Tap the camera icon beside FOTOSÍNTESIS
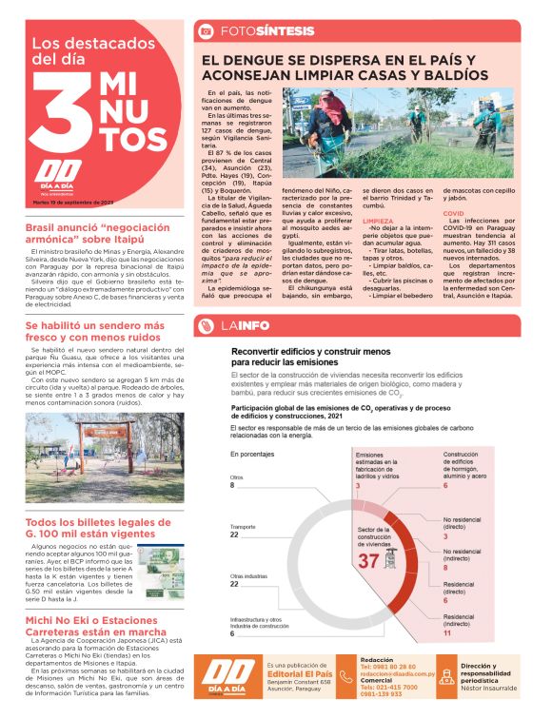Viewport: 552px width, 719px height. [205, 31]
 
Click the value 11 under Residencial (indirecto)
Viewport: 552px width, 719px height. [446, 632]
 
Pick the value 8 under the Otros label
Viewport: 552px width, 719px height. [232, 485]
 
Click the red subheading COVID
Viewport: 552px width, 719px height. [454, 214]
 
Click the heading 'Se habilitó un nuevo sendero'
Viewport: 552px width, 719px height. [95, 331]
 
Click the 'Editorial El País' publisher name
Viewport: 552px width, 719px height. [299, 674]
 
